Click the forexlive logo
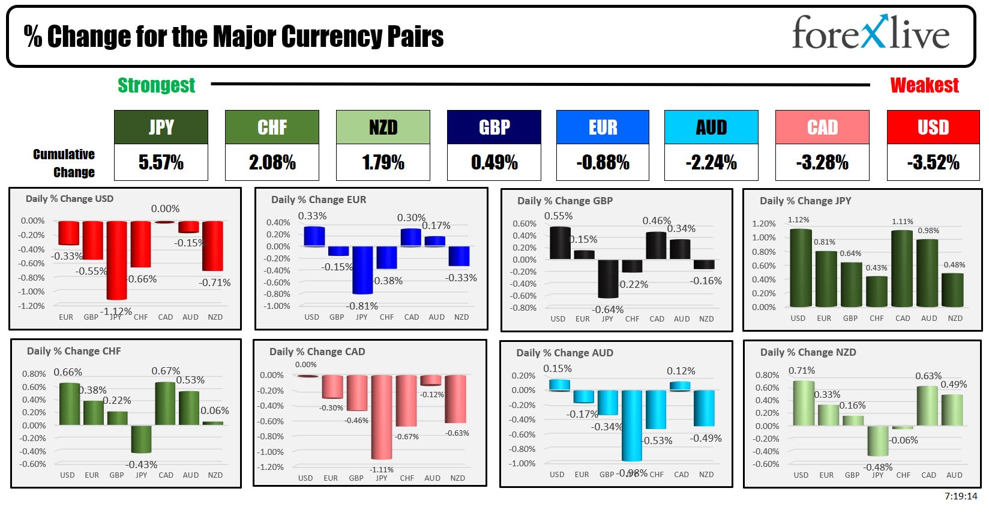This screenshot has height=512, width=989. click(870, 33)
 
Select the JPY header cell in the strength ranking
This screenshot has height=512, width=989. click(161, 127)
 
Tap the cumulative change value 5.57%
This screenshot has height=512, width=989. click(161, 162)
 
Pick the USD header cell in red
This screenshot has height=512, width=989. click(933, 127)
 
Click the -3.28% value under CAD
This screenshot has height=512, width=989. click(822, 162)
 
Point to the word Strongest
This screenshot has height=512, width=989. click(156, 85)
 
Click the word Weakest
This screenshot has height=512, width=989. click(924, 85)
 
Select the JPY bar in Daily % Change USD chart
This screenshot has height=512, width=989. click(116, 260)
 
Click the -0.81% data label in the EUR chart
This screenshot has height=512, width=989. click(362, 306)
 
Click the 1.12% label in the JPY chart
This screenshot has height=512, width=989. click(798, 220)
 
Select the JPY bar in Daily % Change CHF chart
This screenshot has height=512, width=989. click(141, 439)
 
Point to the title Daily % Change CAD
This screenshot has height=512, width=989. click(317, 352)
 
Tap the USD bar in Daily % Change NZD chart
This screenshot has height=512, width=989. click(804, 403)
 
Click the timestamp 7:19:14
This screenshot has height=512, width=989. click(960, 496)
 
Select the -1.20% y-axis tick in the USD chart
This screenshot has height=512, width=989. click(32, 306)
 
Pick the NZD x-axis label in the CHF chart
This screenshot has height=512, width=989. click(215, 475)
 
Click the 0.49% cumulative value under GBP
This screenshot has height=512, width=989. click(494, 162)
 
